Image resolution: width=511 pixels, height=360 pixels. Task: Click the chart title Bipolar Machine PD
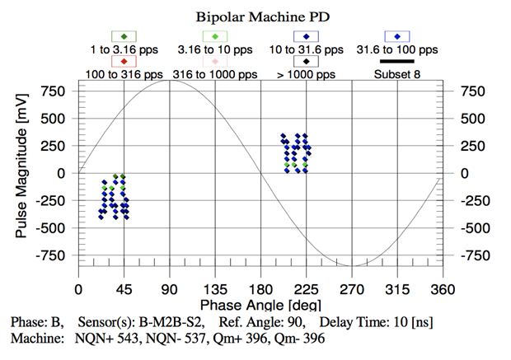click(255, 16)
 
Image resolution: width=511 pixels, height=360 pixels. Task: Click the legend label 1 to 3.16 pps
click(123, 49)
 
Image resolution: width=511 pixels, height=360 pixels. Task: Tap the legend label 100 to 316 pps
click(123, 73)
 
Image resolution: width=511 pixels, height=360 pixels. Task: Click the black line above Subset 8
click(397, 61)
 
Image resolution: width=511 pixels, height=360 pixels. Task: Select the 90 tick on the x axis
click(170, 290)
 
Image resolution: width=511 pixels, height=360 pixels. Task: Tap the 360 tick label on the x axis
click(443, 290)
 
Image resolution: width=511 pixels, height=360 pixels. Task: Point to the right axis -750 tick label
click(465, 255)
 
